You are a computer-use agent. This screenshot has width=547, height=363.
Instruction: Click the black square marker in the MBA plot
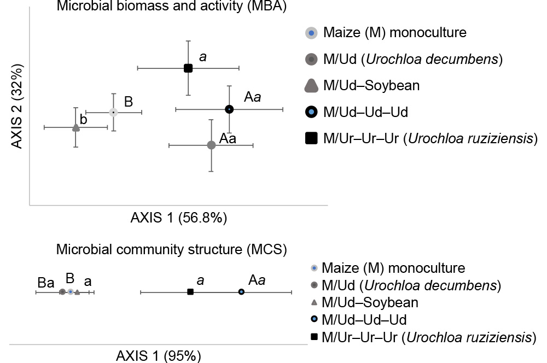pos(188,68)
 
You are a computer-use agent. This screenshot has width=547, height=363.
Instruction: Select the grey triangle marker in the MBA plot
pos(76,128)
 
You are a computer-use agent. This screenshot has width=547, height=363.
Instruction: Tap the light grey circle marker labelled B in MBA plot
pos(113,112)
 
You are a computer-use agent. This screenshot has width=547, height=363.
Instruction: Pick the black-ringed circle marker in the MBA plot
pos(229,109)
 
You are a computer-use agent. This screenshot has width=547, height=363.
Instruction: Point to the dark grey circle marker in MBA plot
pos(211,145)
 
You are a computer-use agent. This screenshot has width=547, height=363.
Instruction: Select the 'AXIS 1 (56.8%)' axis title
pos(178,218)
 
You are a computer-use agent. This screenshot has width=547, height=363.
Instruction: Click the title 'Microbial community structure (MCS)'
pos(171,250)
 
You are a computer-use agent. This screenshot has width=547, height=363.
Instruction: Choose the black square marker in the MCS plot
pos(190,292)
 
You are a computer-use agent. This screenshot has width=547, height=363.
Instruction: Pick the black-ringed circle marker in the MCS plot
pos(241,292)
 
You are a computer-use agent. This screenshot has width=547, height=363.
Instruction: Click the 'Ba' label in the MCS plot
pos(46,283)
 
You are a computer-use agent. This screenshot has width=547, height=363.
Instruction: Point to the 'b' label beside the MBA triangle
pos(84,119)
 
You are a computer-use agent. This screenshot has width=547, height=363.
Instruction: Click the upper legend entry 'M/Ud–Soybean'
pos(371,85)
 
